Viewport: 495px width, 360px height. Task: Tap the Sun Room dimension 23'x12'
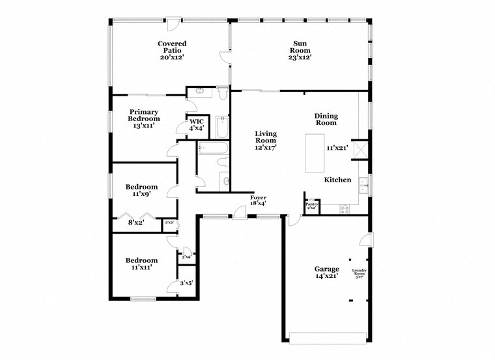point(300,57)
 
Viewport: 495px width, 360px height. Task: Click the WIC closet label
point(197,121)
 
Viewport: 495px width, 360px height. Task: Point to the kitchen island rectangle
point(315,153)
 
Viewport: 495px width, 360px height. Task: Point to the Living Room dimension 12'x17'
point(265,148)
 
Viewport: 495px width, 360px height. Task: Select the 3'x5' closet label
point(186,283)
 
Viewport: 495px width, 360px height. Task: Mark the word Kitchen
point(338,180)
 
